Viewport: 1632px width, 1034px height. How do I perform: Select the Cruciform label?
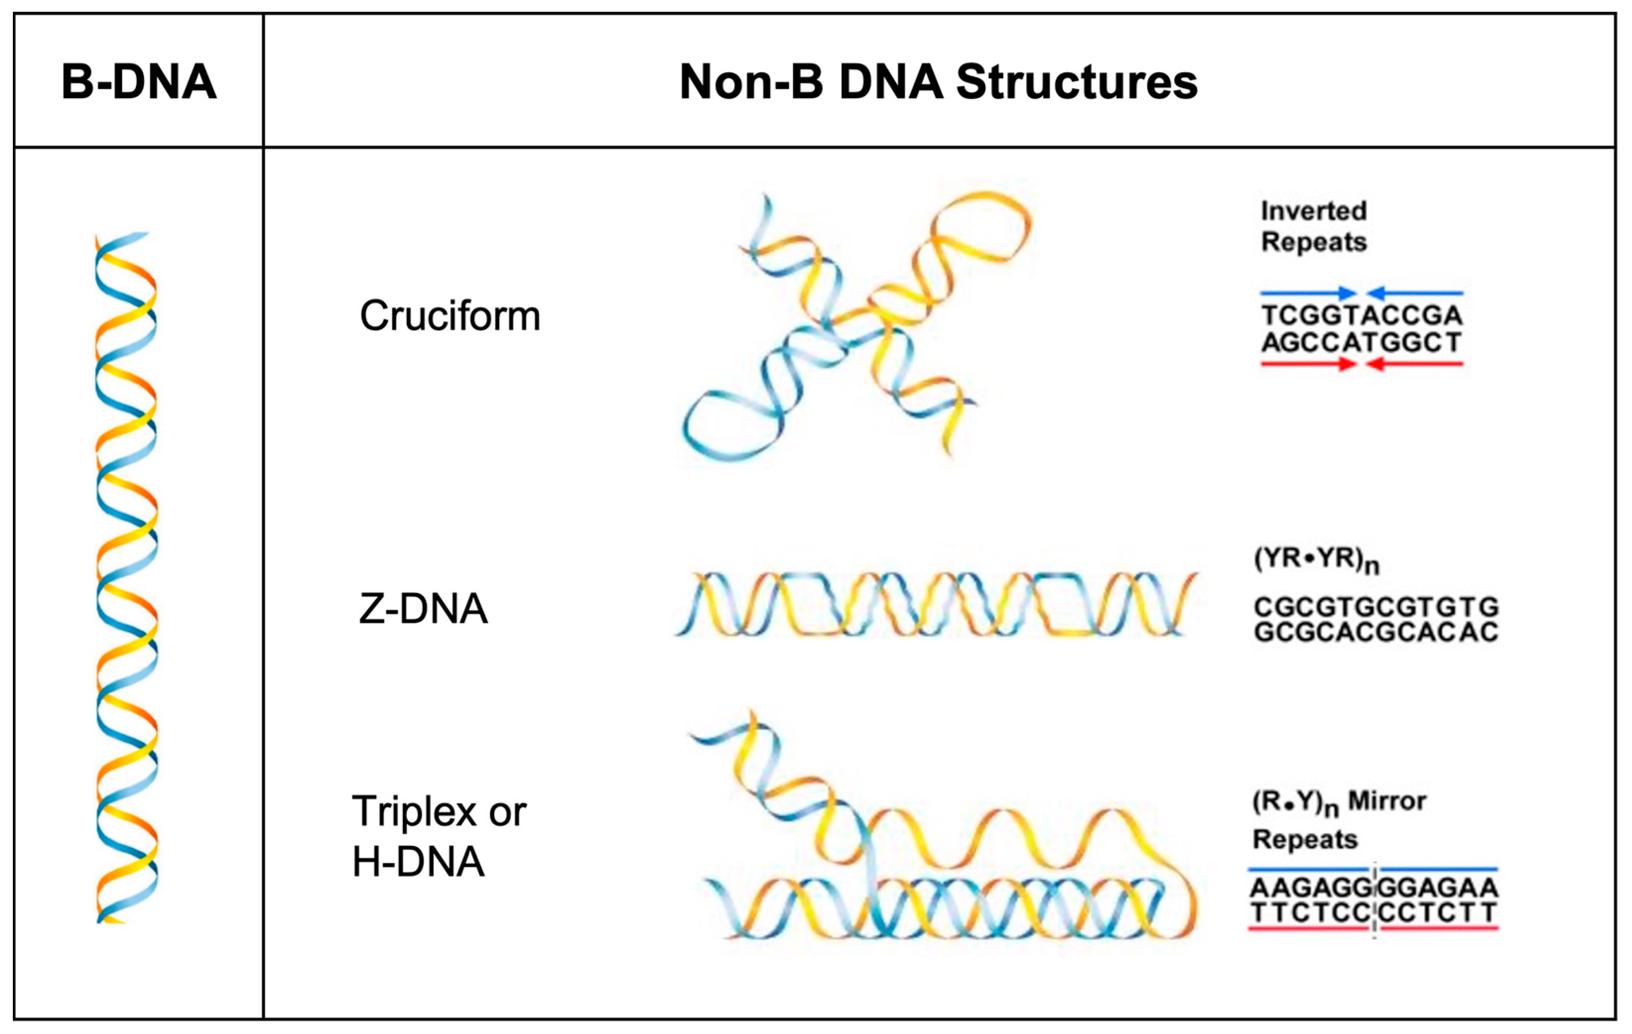point(450,316)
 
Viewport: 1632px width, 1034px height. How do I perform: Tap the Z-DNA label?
point(423,608)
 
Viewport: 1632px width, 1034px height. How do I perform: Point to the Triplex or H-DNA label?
point(439,836)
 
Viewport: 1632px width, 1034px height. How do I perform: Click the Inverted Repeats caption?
point(1314,226)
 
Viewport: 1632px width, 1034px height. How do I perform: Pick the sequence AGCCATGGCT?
point(1362,343)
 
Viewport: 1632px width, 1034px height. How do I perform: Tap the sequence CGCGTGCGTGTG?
point(1376,607)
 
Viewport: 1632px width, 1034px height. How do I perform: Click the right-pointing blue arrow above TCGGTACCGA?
point(1308,294)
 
